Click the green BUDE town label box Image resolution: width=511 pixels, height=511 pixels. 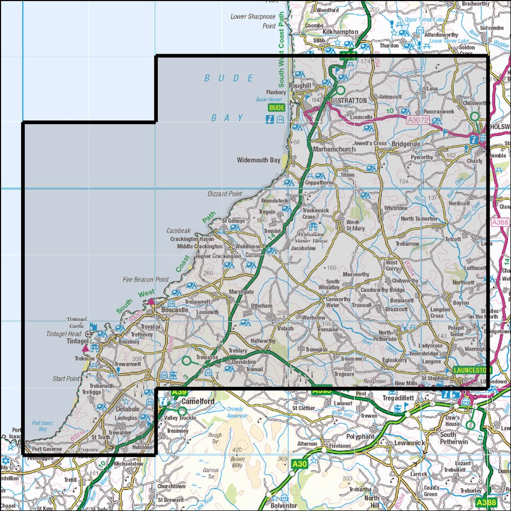point(276,108)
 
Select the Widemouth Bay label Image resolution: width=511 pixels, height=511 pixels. point(259,160)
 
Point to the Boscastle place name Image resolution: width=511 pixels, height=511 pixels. point(175,310)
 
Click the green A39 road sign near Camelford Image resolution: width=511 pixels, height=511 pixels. point(179,392)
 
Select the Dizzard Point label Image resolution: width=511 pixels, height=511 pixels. point(224,194)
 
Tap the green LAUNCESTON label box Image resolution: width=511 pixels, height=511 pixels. point(471,370)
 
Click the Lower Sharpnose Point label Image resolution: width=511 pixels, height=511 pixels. point(253,21)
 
